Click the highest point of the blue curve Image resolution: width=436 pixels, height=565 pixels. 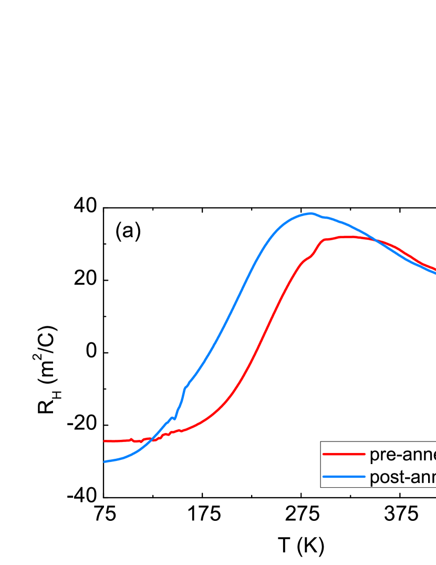tap(311, 213)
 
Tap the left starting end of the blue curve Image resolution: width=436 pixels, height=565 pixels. tap(105, 461)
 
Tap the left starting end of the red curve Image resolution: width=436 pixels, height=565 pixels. tap(105, 441)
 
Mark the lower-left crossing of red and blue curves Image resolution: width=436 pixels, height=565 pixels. tap(151, 439)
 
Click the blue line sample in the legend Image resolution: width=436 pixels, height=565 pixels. tap(344, 477)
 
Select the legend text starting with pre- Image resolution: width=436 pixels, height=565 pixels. tap(402, 455)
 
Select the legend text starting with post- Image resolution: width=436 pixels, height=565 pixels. tap(402, 477)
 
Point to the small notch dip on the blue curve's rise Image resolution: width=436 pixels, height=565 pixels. tap(175, 419)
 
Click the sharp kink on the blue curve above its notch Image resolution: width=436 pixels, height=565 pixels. tap(185, 388)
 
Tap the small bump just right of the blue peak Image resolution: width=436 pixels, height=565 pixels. tap(325, 217)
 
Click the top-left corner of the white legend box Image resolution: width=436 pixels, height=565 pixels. tap(321, 442)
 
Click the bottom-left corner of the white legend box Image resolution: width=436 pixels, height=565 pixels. tap(321, 487)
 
